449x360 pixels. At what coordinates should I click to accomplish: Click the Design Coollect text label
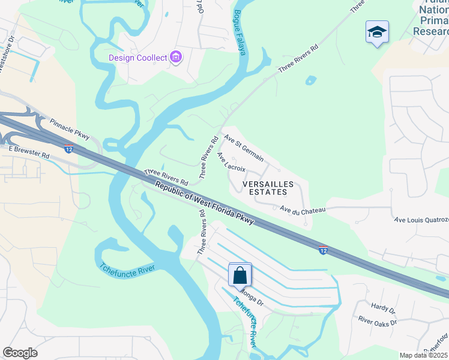click(x=138, y=58)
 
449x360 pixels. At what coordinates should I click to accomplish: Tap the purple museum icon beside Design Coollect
click(x=176, y=58)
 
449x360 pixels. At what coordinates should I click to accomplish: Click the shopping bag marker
click(x=240, y=275)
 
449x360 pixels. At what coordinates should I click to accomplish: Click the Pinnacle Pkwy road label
click(x=70, y=128)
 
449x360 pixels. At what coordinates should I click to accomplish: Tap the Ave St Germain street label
click(x=244, y=147)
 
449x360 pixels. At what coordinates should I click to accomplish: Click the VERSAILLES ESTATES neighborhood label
click(x=268, y=188)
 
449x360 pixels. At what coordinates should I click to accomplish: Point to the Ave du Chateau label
click(x=303, y=209)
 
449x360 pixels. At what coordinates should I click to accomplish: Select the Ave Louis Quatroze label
click(x=421, y=220)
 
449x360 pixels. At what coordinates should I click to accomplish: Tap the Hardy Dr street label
click(x=383, y=310)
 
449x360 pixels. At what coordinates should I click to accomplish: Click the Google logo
click(x=20, y=353)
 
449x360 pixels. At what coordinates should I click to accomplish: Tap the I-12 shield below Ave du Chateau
click(x=323, y=249)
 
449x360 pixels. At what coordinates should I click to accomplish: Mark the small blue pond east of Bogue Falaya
click(x=310, y=79)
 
